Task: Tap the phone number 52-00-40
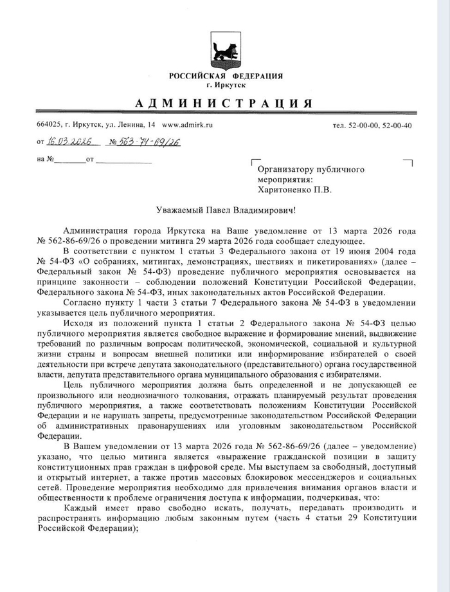point(397,125)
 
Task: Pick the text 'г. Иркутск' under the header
point(226,85)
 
